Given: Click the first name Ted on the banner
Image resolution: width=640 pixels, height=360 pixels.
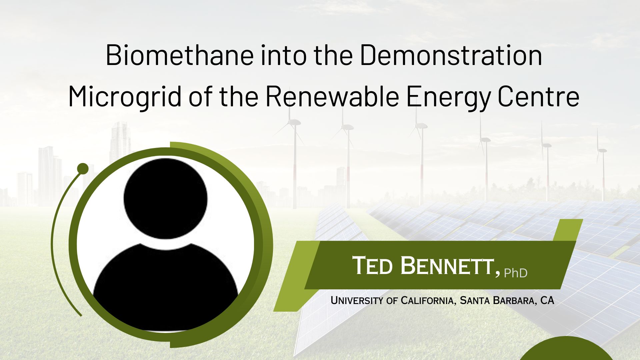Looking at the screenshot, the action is coord(373,266).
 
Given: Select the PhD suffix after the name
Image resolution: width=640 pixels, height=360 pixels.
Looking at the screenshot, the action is coord(516,273).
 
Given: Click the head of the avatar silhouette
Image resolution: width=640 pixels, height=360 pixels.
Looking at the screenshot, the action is coord(165,199).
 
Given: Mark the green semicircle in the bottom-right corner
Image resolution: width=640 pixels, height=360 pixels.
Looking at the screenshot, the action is coord(566,349).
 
